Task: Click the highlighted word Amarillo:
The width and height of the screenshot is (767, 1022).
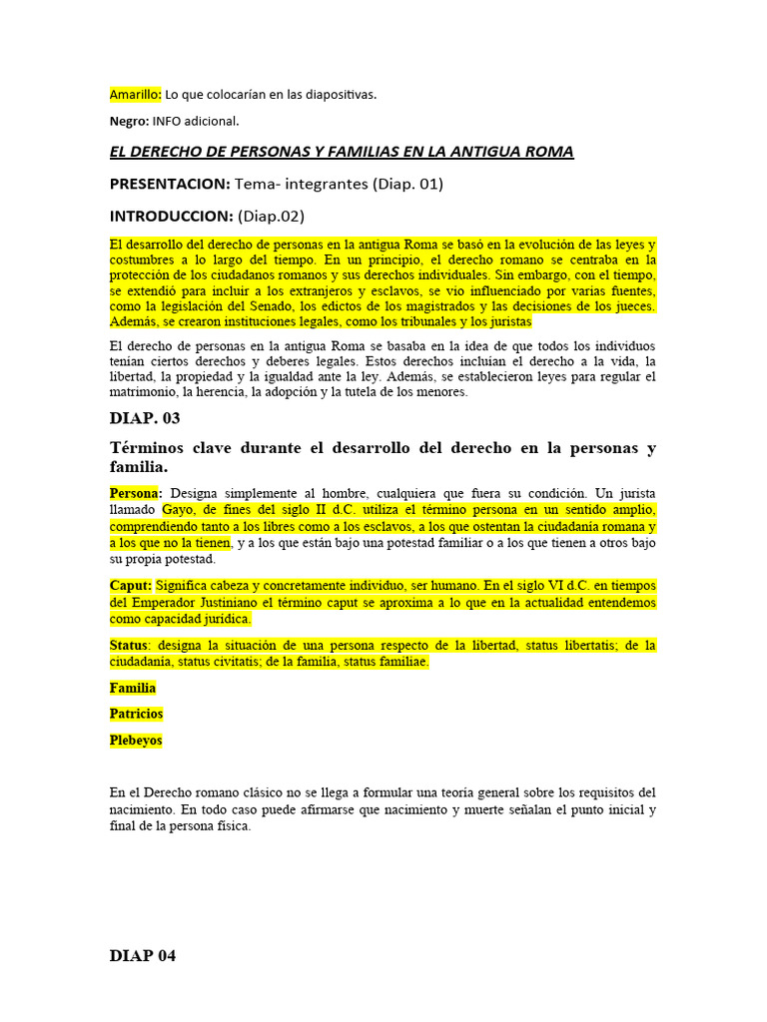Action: (135, 94)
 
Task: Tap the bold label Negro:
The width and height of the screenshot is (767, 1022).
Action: (130, 121)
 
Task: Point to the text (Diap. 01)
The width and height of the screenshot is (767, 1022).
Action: (404, 184)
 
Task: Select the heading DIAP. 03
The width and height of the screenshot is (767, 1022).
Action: (145, 418)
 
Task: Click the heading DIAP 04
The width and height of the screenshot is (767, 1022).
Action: (142, 955)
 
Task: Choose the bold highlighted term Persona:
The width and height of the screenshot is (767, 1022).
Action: (137, 494)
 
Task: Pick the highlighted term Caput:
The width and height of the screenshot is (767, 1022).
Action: (131, 586)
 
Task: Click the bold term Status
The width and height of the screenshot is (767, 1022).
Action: (131, 646)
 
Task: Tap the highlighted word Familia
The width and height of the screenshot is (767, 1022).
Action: (133, 688)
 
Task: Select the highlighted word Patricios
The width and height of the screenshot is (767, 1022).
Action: (136, 714)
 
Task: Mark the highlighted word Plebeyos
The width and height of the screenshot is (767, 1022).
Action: (136, 741)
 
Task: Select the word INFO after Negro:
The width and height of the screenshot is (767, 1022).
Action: (167, 121)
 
